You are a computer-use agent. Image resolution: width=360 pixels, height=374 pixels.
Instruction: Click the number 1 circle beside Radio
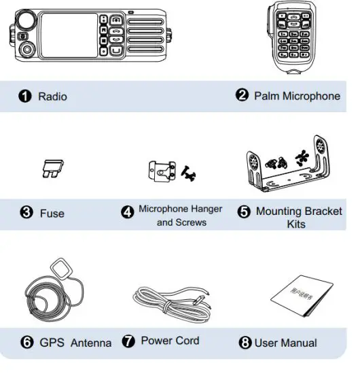pyautogui.click(x=24, y=97)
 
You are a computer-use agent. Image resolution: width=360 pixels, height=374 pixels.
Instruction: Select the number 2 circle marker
pyautogui.click(x=242, y=95)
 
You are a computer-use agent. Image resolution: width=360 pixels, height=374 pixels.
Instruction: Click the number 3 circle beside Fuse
pyautogui.click(x=26, y=213)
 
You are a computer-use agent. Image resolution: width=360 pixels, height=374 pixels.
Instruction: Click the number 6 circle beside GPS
pyautogui.click(x=26, y=342)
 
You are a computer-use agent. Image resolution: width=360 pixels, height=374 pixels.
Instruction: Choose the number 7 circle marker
pyautogui.click(x=128, y=341)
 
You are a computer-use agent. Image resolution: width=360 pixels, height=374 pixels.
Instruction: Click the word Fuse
pyautogui.click(x=52, y=213)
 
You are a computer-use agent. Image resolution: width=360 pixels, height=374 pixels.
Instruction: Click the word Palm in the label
pyautogui.click(x=267, y=96)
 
